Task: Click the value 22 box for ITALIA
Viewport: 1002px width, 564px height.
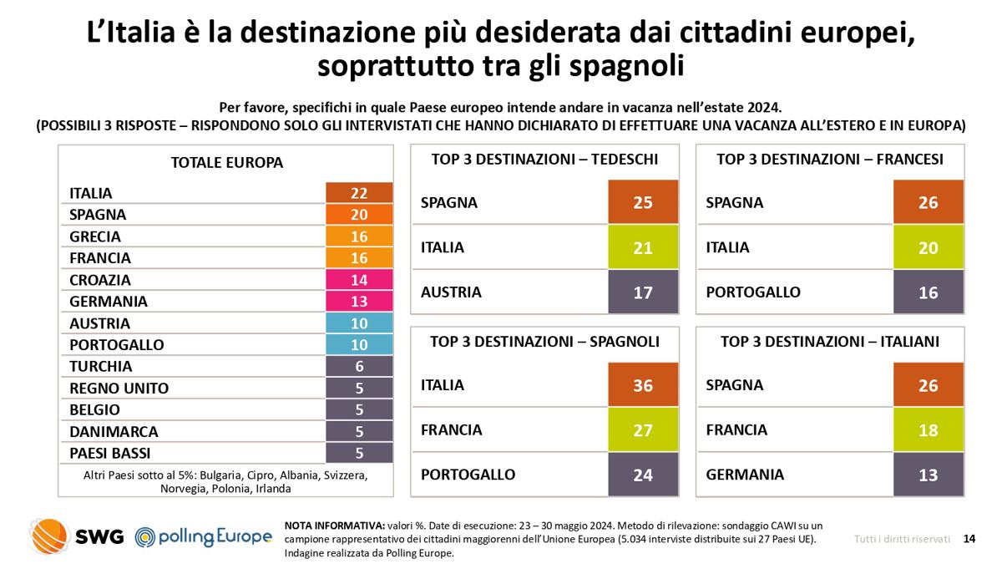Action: click(x=359, y=193)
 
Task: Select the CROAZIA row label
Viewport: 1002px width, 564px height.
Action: click(x=100, y=280)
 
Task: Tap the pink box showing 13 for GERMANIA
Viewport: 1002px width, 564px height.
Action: click(x=359, y=302)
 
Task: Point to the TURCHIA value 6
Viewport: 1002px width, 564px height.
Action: click(x=359, y=367)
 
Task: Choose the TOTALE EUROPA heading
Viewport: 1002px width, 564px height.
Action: click(x=226, y=163)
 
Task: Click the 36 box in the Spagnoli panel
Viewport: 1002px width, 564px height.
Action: click(x=643, y=385)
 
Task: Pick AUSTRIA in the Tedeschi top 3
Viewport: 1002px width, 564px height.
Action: click(x=451, y=292)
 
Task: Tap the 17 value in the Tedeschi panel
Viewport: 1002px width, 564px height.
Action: click(x=643, y=292)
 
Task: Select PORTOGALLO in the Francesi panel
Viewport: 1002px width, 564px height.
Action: click(x=752, y=292)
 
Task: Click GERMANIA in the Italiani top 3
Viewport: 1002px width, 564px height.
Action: click(x=745, y=475)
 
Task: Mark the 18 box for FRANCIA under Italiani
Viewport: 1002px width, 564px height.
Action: click(x=928, y=430)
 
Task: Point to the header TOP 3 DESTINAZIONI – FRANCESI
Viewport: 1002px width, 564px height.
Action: click(x=830, y=160)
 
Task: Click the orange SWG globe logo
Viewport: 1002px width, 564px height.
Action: click(x=49, y=536)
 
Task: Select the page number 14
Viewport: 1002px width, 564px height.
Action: click(x=969, y=539)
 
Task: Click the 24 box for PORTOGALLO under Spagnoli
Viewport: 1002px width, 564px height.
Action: click(x=643, y=475)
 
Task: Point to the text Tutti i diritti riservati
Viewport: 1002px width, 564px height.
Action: click(x=901, y=539)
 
